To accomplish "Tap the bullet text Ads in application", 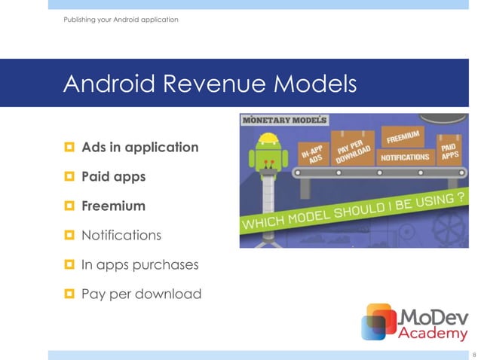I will (140, 147).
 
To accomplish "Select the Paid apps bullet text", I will (113, 176).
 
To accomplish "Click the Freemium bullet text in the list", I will (113, 206).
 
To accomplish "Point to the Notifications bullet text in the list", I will (121, 235).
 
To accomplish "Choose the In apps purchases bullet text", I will (140, 264).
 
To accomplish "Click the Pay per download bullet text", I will (141, 294).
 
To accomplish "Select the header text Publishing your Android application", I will (121, 19).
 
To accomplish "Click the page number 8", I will (473, 354).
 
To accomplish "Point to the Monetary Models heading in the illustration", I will (284, 121).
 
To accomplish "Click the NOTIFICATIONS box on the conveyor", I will (405, 158).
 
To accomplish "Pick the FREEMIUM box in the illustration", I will (405, 136).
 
